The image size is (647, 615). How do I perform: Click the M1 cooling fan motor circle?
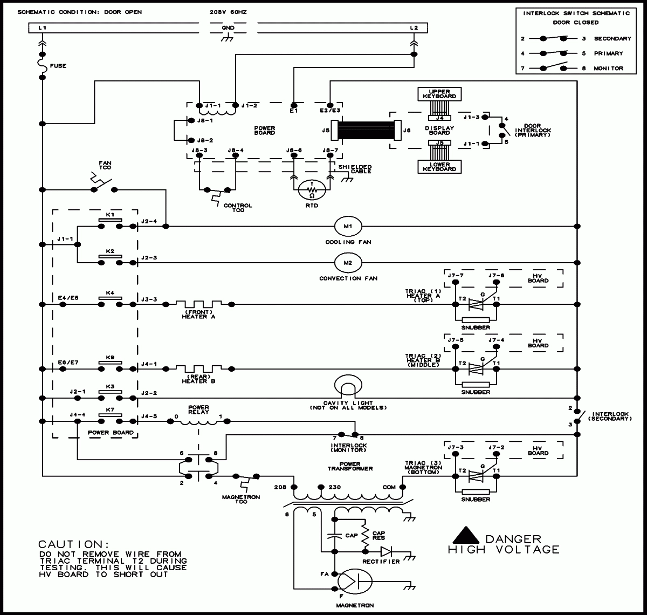click(348, 226)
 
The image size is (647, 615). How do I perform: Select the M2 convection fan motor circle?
click(348, 263)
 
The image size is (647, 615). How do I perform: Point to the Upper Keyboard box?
click(439, 94)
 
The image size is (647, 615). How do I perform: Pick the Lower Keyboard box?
click(439, 166)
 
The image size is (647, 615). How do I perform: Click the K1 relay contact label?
click(110, 215)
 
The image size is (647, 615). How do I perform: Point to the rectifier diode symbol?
click(387, 551)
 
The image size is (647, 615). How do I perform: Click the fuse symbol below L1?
click(42, 66)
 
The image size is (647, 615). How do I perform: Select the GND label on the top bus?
click(228, 27)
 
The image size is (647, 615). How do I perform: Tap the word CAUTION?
click(70, 544)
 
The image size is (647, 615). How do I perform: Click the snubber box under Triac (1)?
click(476, 319)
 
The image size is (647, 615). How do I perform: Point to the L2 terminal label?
click(414, 27)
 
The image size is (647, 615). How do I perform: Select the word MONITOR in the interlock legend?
click(609, 69)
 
